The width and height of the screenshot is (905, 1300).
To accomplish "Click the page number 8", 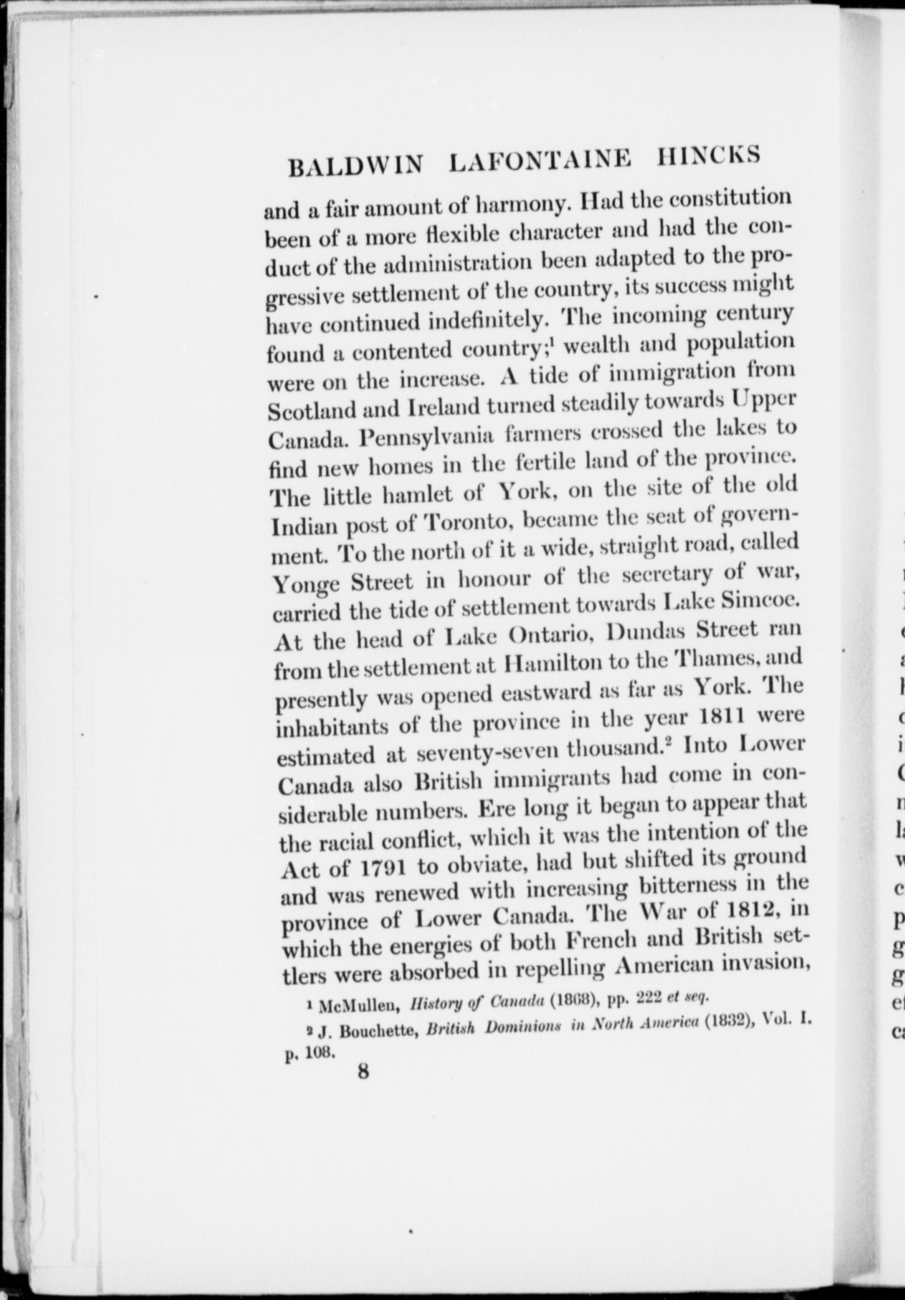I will coord(363,1071).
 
